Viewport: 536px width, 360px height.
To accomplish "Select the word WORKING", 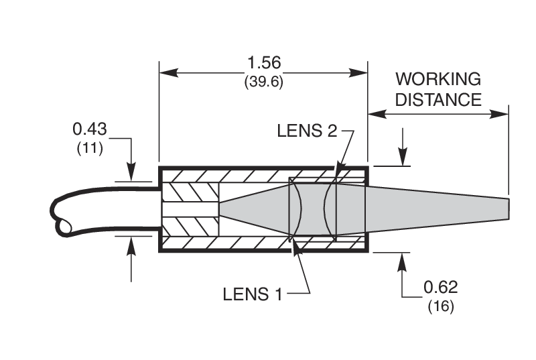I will click(438, 79).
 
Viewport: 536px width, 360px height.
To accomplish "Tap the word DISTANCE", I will click(438, 99).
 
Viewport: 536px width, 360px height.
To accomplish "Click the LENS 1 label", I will click(253, 293).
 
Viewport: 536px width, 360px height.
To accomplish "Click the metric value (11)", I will click(90, 148).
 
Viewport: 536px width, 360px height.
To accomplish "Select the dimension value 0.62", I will click(440, 288).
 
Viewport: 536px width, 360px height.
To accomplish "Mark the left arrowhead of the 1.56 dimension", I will click(165, 72).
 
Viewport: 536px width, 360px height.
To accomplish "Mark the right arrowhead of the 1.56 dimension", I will click(362, 72).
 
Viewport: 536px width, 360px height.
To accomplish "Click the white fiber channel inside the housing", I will click(190, 208).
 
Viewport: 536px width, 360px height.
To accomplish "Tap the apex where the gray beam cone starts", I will click(221, 208).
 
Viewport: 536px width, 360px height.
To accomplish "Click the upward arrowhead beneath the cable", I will click(132, 244).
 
